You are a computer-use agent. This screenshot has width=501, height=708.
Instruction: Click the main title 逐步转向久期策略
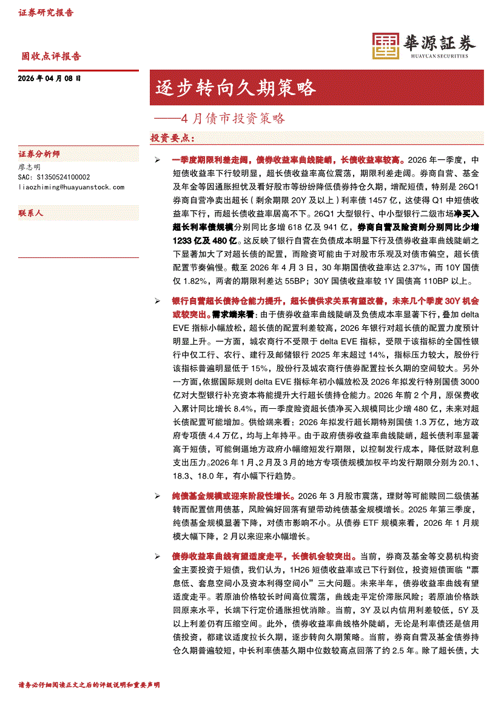point(236,88)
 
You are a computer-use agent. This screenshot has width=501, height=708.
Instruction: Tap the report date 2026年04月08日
point(50,79)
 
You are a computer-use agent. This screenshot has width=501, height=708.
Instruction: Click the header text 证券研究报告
point(46,13)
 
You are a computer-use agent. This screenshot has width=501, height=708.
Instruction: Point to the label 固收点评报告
point(51,56)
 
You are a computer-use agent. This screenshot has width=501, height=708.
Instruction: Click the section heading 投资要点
point(172,138)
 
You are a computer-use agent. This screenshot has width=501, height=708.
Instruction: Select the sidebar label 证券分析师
point(39,154)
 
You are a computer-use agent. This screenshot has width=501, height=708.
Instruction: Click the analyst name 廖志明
point(30,167)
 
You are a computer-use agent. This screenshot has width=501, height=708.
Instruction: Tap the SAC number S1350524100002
point(54,177)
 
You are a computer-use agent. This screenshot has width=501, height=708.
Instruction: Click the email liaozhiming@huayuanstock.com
point(72,187)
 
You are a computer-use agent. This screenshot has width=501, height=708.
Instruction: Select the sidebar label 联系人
point(31,213)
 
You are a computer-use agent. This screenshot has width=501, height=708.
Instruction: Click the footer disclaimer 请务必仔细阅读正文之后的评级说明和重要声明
point(89,685)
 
